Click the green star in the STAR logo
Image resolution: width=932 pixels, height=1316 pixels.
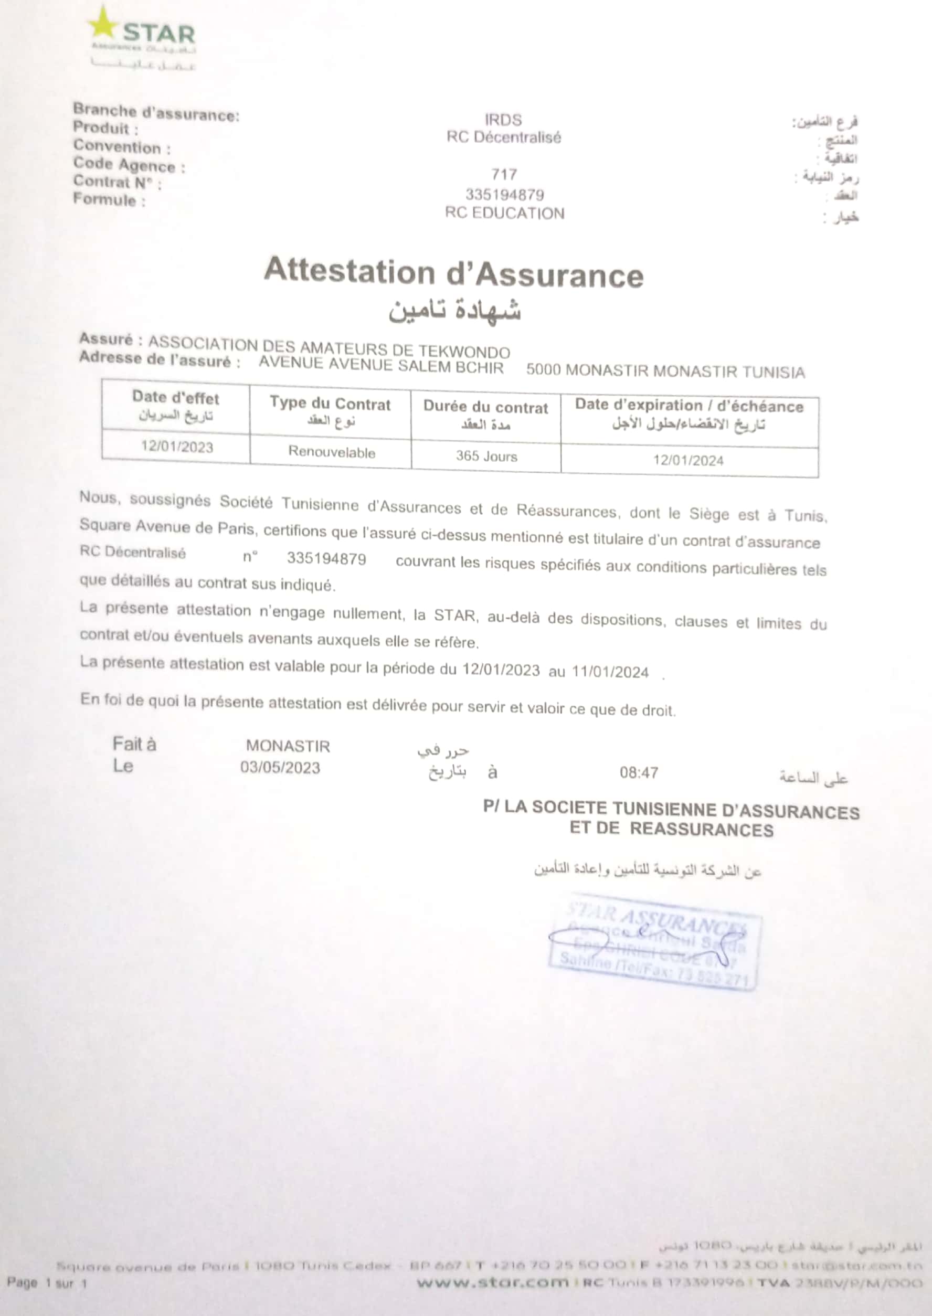tap(103, 24)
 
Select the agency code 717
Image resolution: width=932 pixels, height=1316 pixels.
tap(504, 174)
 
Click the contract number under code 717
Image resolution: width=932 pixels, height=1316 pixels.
tap(504, 195)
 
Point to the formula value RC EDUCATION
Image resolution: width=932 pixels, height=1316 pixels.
tap(504, 213)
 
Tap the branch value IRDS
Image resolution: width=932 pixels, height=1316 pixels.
tap(503, 120)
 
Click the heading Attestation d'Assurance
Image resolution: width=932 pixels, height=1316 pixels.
tap(453, 273)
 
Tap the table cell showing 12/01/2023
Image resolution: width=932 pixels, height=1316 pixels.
tap(177, 447)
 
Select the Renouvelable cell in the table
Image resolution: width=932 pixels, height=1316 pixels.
tap(332, 452)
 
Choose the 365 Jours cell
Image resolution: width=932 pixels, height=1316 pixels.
tap(486, 456)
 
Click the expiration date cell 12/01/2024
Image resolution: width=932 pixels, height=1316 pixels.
tap(688, 460)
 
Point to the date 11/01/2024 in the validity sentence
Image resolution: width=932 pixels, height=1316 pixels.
tap(609, 672)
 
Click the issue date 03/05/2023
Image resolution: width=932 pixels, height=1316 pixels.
tap(280, 768)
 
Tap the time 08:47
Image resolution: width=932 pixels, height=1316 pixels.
tap(638, 773)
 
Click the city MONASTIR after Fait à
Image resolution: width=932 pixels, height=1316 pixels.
tap(288, 746)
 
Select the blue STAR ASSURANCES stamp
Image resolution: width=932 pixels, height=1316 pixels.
tap(654, 941)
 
